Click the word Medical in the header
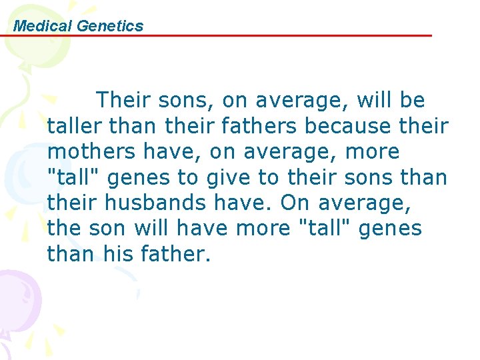(x=43, y=26)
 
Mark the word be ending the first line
(x=412, y=100)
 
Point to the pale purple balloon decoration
(x=17, y=293)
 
